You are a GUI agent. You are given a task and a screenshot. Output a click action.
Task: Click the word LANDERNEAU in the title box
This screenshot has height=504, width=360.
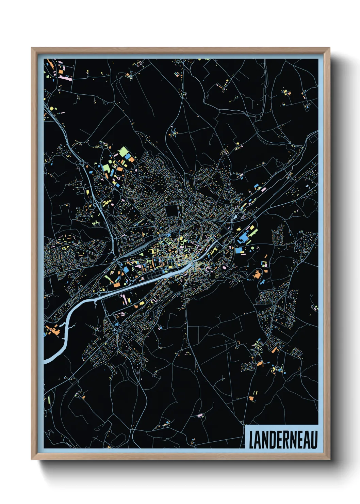283,440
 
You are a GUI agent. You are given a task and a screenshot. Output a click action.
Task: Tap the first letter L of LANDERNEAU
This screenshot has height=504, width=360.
252,440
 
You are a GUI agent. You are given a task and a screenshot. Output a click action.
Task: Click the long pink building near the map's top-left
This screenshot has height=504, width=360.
65,78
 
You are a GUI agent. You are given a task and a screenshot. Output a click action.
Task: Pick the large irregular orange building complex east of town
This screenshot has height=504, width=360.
257,274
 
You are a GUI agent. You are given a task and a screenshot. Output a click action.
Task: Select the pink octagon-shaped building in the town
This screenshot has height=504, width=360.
224,268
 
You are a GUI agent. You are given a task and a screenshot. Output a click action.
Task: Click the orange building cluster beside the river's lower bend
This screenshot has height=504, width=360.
53,330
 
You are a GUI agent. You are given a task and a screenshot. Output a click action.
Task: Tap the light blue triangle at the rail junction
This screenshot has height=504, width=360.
235,216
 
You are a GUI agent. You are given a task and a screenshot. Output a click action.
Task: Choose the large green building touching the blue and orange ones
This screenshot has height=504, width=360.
123,152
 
